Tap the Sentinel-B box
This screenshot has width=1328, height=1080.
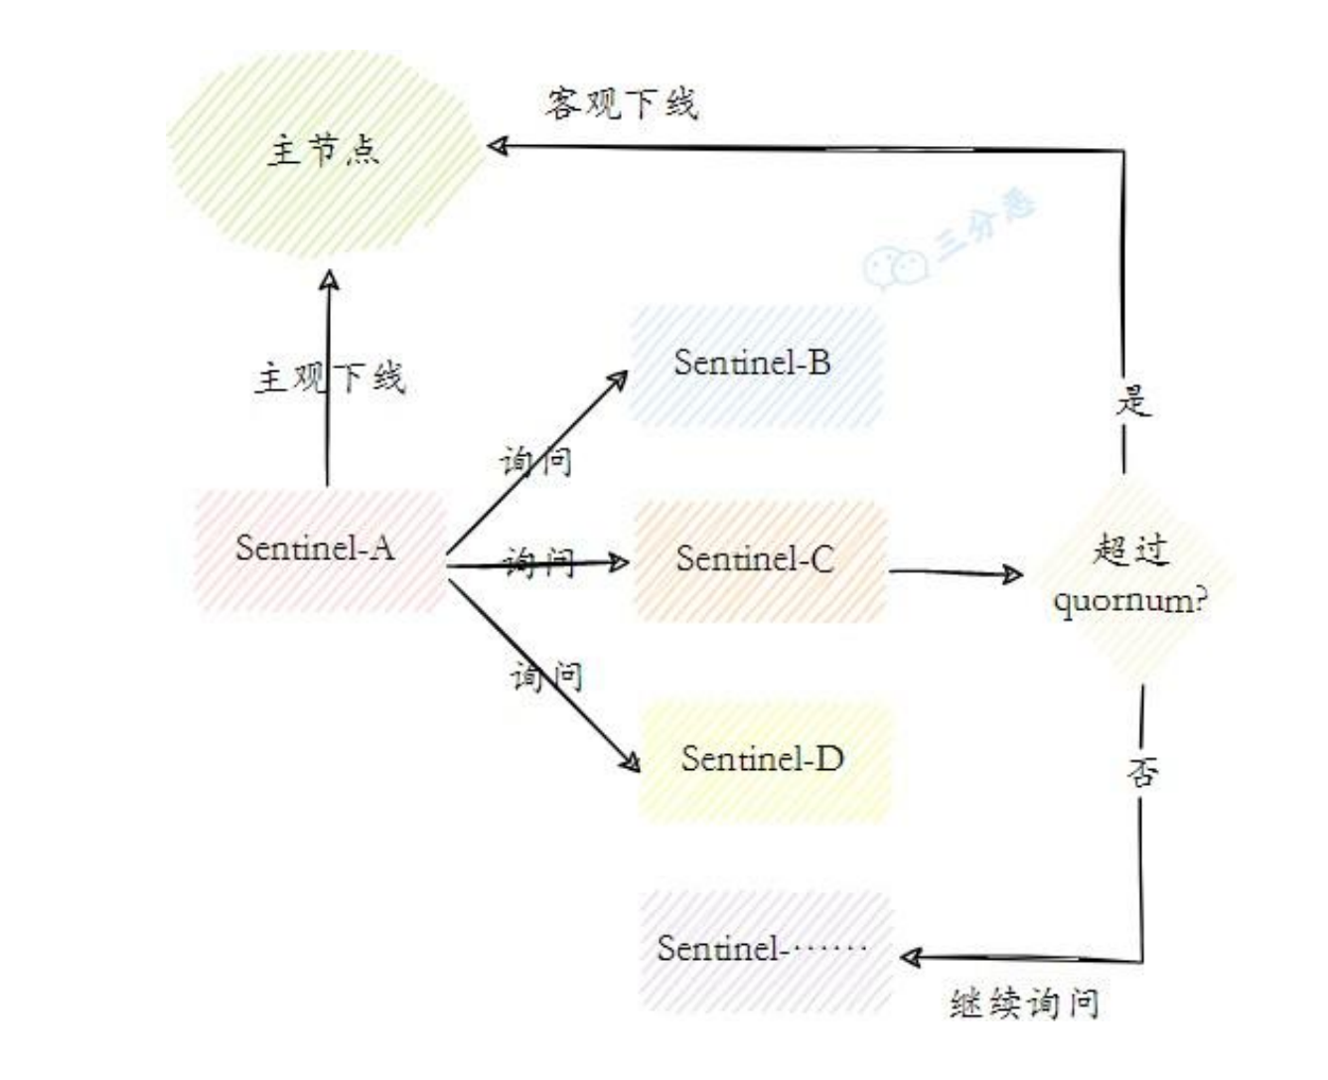click(754, 365)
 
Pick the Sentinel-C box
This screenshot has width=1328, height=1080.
click(757, 560)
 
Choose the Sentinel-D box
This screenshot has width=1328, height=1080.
click(763, 761)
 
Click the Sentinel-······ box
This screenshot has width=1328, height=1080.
click(763, 950)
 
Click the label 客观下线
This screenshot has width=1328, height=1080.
click(621, 102)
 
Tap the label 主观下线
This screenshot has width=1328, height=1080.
click(331, 378)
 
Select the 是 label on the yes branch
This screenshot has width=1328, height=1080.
click(1132, 400)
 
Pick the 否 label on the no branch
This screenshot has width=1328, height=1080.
click(1142, 772)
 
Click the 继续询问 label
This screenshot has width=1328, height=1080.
click(1024, 1003)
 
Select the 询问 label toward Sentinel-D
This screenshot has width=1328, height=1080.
click(546, 676)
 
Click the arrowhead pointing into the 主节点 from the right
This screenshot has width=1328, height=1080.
click(497, 147)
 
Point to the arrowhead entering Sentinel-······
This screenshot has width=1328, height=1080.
click(910, 958)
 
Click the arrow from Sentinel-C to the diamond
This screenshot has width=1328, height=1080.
click(954, 572)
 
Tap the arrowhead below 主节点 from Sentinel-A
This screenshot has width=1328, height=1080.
click(329, 279)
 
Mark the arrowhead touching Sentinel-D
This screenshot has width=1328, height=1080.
click(631, 764)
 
